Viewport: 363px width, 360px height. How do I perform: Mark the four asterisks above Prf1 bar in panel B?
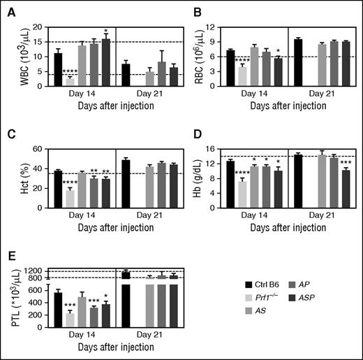pyautogui.click(x=242, y=62)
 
